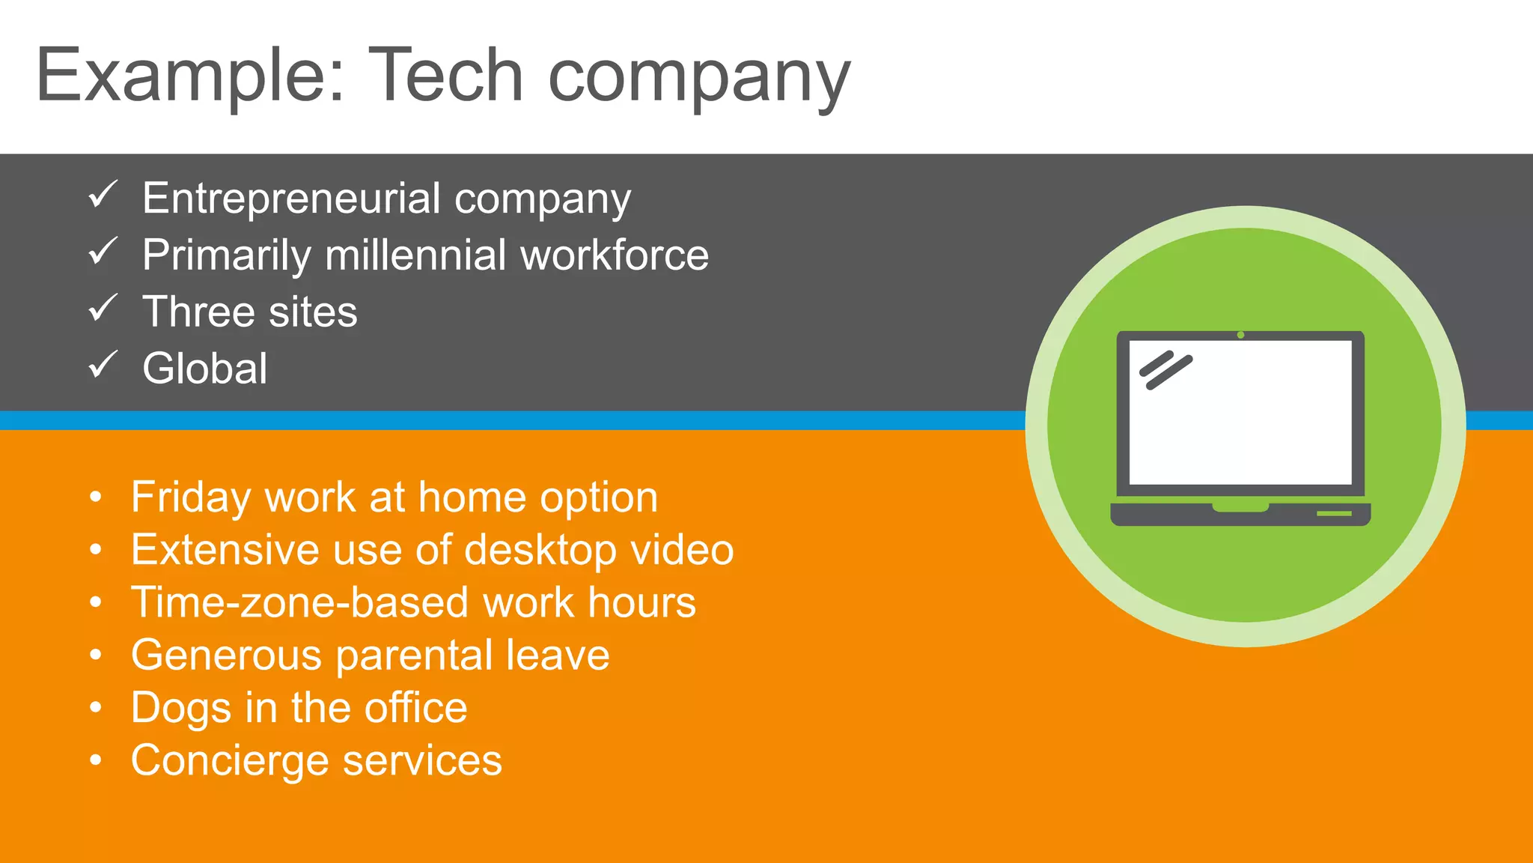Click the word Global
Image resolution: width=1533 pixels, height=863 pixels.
204,369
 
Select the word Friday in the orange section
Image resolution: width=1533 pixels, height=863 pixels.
191,498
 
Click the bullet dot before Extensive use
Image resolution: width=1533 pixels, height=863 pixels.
95,551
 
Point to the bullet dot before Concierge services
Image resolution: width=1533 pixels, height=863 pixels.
95,760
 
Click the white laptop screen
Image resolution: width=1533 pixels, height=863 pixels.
1258,420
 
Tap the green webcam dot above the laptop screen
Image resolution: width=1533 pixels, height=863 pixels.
1240,335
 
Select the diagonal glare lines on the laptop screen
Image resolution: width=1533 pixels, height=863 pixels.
1165,369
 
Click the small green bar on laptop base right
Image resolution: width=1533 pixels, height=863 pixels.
1334,513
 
